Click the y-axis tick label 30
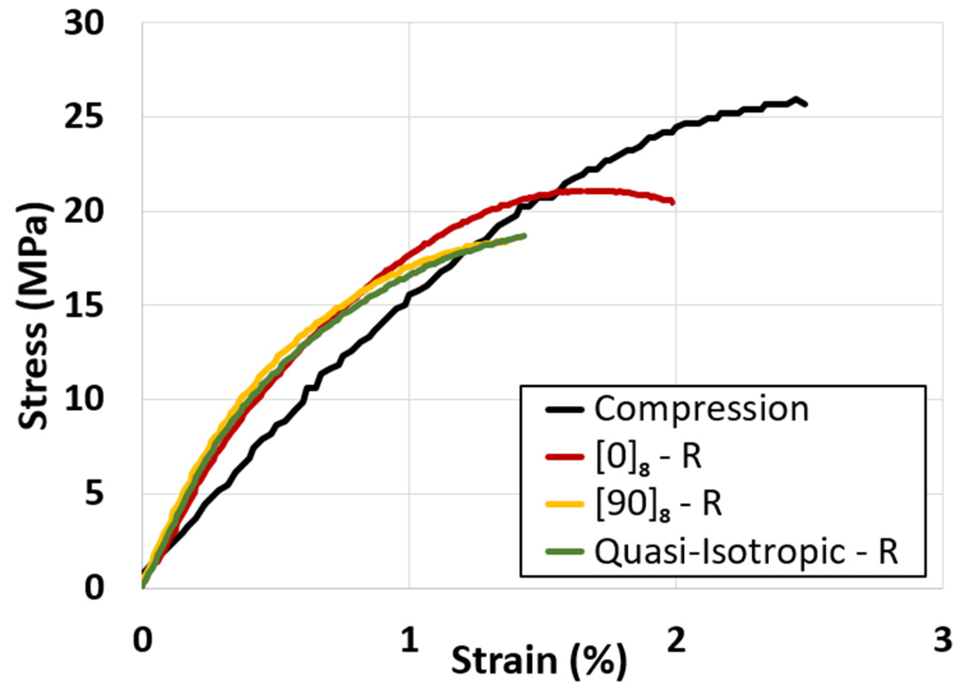click(x=84, y=23)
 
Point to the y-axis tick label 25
click(x=84, y=117)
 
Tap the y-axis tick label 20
click(x=84, y=212)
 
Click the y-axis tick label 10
click(x=84, y=399)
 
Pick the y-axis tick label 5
click(x=94, y=494)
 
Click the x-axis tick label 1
click(x=409, y=640)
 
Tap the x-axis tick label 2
click(x=676, y=640)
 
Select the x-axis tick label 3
click(x=943, y=640)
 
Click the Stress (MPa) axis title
click(x=33, y=316)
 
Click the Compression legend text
click(x=701, y=409)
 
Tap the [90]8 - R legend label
click(x=658, y=504)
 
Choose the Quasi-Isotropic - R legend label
click(x=746, y=552)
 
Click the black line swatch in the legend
click(x=565, y=409)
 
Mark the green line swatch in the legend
click(x=565, y=551)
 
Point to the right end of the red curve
click(x=673, y=202)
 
